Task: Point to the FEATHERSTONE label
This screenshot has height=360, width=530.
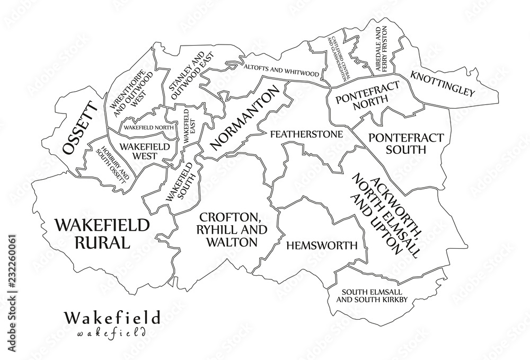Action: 306,134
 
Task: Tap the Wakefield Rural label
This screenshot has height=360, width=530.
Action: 101,234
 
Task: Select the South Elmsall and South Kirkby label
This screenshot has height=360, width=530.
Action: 374,296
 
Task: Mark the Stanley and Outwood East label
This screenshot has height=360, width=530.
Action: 186,77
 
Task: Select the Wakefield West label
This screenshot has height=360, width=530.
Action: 137,151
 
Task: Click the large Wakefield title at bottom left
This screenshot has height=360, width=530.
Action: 111,318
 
